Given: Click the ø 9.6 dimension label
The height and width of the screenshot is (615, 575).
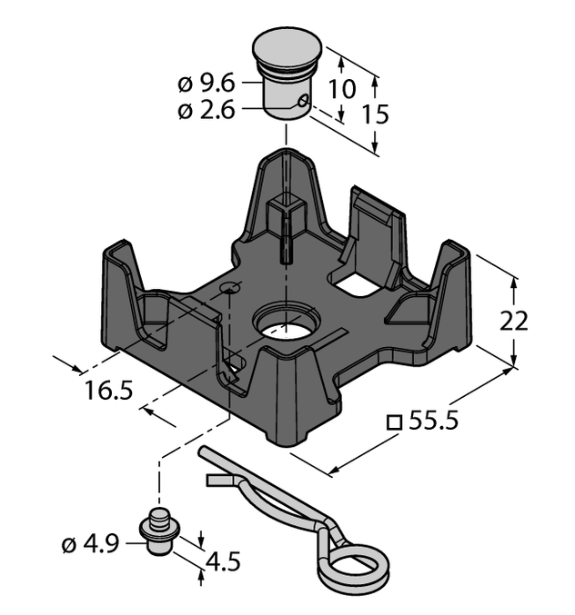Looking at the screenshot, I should (x=207, y=84).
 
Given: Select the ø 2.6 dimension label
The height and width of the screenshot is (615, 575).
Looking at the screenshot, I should (x=207, y=111).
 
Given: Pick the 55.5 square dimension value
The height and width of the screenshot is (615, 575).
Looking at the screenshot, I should (x=432, y=422).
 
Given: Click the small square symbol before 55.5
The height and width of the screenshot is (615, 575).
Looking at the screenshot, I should (x=394, y=422).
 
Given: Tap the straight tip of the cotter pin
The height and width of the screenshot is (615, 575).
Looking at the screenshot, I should (x=218, y=476).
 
